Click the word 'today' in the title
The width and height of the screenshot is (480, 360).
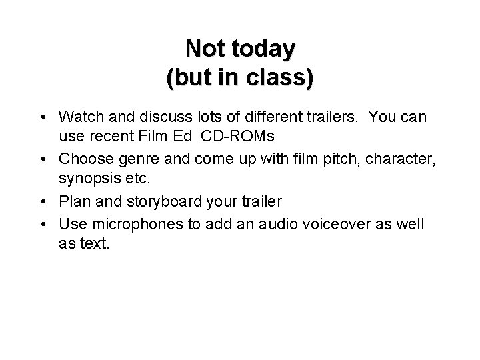[x=265, y=49]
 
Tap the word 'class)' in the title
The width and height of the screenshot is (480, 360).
[x=279, y=78]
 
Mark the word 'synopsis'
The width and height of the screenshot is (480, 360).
[x=86, y=178]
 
